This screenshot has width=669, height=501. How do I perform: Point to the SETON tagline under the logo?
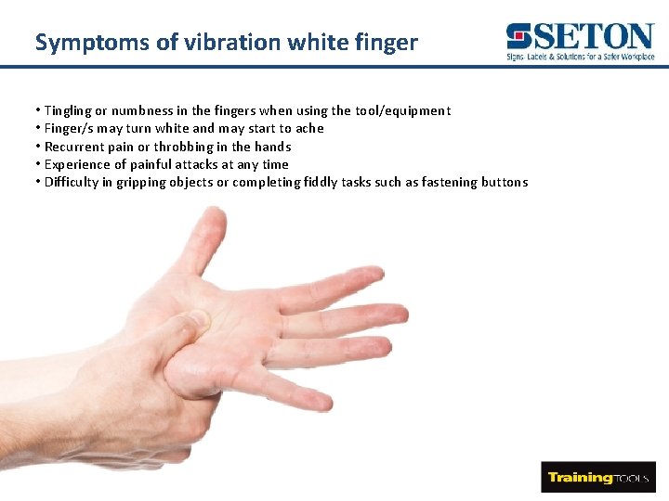tap(581, 58)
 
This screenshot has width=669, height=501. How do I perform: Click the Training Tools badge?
tap(597, 477)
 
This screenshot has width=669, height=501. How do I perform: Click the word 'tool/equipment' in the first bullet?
tap(405, 110)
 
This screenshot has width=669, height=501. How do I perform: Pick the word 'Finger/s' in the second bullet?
tap(70, 128)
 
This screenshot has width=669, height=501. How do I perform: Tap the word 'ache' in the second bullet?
tap(309, 128)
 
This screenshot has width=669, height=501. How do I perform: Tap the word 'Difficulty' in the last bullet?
tap(74, 182)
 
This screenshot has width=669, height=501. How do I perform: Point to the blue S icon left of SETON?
tap(518, 37)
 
